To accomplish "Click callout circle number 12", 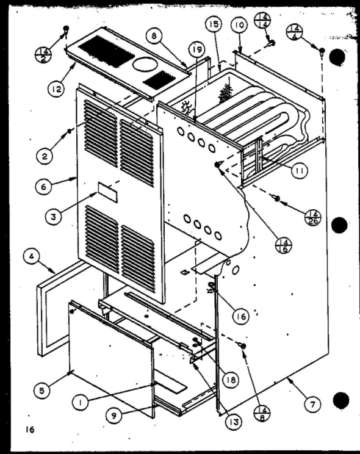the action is point(57,89).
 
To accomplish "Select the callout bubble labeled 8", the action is point(154,36).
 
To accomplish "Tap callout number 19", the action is point(196,49).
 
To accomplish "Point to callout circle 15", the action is point(214,24).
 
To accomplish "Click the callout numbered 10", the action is point(240,25).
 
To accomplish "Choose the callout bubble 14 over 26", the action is point(313,217).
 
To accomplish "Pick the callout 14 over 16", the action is point(284,245).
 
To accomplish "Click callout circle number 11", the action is point(300,170).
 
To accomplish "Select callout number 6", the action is point(43,186).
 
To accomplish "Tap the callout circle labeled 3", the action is point(53,216).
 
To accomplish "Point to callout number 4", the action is point(31,256).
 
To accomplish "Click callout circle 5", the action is point(42,391).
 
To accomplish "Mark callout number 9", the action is point(113,416).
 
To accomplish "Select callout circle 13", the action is point(234,422).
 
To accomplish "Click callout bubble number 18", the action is point(231,380).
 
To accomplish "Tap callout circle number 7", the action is point(313,403).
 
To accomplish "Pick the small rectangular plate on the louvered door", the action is point(108,192).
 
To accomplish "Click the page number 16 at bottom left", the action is point(30,430).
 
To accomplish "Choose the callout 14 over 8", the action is point(262,414).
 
